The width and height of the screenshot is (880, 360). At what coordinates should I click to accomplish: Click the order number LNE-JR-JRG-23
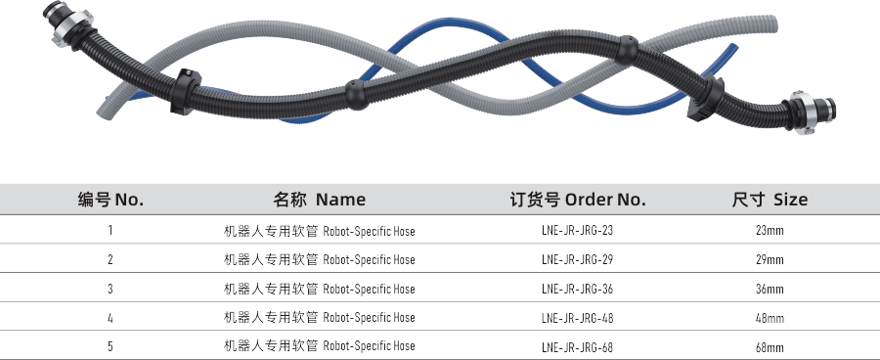(x=577, y=231)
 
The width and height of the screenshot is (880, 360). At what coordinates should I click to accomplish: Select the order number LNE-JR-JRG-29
(x=577, y=260)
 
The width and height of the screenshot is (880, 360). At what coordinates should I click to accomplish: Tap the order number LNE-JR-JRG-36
(x=577, y=290)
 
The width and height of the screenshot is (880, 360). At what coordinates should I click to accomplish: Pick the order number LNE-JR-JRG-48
(x=577, y=318)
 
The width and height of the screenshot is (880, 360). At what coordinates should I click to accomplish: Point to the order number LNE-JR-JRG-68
(x=577, y=347)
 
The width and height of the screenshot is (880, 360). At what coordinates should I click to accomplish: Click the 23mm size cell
(x=770, y=231)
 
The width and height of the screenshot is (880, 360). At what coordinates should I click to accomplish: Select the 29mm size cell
(x=770, y=260)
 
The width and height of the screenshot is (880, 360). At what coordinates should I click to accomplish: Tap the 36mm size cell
(x=770, y=290)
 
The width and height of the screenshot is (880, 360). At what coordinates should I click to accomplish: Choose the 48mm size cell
(x=770, y=318)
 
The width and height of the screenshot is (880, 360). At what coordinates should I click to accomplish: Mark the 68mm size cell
(x=770, y=347)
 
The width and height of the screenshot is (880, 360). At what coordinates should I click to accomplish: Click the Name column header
(x=319, y=200)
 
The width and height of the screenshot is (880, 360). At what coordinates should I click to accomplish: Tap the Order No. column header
(x=578, y=200)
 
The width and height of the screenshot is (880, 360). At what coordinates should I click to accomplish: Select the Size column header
(x=770, y=200)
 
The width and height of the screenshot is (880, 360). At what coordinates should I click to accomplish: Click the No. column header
(x=110, y=200)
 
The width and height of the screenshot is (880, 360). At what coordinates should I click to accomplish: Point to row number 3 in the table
(x=110, y=290)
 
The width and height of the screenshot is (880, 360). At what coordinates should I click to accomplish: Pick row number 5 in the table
(x=110, y=347)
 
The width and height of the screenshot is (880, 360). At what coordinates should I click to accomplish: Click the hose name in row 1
(x=319, y=232)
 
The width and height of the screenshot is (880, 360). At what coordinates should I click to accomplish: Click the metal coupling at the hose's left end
(x=57, y=27)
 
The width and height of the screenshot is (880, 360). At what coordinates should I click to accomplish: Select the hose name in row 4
(x=319, y=318)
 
